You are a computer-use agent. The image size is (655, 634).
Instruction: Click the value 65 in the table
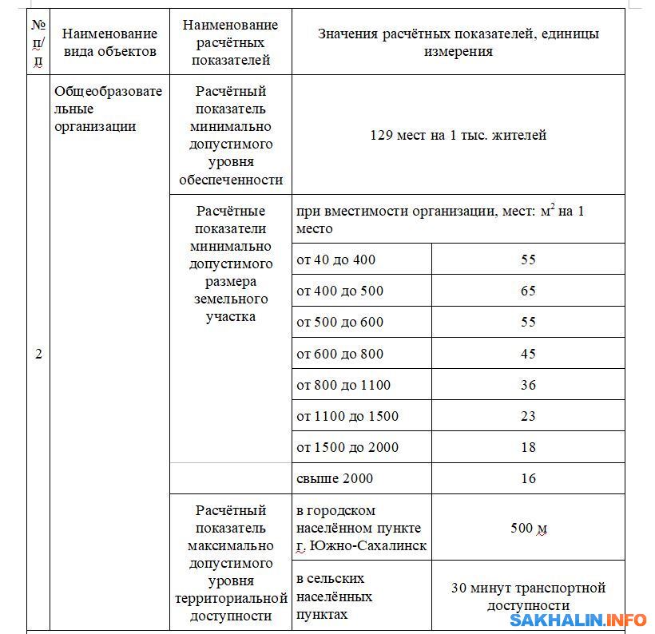click(x=528, y=291)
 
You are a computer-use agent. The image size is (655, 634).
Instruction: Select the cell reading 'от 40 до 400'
click(x=335, y=260)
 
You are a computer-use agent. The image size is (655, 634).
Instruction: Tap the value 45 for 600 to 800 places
click(x=528, y=354)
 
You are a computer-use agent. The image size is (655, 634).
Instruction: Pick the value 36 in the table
click(x=528, y=385)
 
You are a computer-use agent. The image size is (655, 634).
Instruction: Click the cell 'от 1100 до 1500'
click(x=347, y=416)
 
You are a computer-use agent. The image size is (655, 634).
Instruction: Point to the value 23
click(x=528, y=416)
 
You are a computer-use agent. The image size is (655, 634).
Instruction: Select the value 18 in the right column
click(x=528, y=447)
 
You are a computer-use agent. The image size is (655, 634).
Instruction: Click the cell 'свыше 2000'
click(x=335, y=479)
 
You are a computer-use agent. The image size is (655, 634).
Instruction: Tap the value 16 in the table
click(x=528, y=479)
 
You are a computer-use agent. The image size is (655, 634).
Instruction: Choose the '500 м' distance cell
click(x=528, y=528)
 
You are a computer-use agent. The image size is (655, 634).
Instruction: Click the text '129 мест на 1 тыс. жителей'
click(x=458, y=135)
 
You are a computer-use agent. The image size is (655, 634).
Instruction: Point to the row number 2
click(x=38, y=354)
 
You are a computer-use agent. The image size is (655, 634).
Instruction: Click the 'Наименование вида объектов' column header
click(x=109, y=42)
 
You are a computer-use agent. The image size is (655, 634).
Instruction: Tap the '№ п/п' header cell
click(x=38, y=42)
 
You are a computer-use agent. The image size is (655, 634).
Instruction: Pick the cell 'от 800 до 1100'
click(x=343, y=385)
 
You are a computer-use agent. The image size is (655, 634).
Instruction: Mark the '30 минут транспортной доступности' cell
click(x=528, y=596)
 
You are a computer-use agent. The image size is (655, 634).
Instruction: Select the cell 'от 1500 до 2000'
click(x=347, y=447)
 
